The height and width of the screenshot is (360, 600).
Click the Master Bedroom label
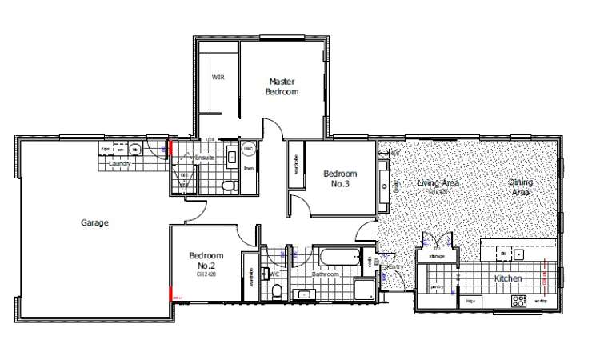282,86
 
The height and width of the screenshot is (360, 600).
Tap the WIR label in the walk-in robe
217,78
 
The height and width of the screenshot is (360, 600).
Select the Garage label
94,223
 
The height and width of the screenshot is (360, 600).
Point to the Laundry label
118,164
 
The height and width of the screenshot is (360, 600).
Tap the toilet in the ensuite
230,186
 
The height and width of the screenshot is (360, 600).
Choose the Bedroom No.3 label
340,178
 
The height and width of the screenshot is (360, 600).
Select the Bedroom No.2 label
203,261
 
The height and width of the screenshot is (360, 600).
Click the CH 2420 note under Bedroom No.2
206,274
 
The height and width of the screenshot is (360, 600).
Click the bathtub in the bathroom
338,258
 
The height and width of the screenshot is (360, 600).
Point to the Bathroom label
326,274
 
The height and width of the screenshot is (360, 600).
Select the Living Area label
437,183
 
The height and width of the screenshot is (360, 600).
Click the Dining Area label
521,187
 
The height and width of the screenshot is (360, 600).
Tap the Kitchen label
508,278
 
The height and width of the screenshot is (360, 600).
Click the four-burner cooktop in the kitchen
518,302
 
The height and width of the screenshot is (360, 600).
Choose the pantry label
437,286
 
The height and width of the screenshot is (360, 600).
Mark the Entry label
393,267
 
